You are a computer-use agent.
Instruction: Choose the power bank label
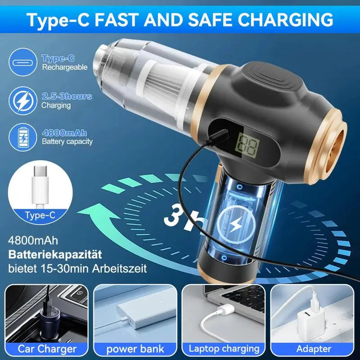(x=135, y=348)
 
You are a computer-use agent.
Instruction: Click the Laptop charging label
(x=224, y=348)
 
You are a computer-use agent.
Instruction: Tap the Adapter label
(x=314, y=348)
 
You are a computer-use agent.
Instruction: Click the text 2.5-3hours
(x=67, y=96)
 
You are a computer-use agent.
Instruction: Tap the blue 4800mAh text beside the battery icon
(x=64, y=133)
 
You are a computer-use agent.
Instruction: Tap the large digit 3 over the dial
(x=176, y=214)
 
